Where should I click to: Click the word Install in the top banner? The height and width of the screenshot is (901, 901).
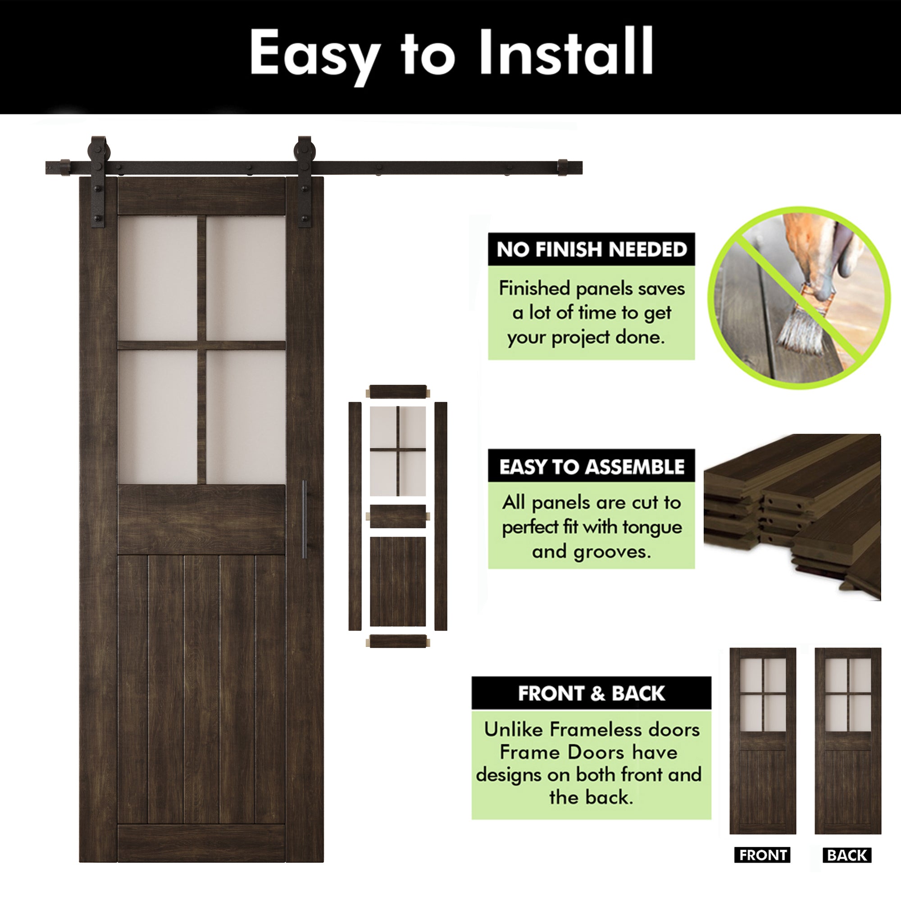(566, 52)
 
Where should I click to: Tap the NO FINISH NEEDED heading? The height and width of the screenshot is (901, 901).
(592, 250)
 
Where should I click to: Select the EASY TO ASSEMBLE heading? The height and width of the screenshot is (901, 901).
(592, 467)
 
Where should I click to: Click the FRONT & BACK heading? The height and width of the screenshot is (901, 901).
(591, 693)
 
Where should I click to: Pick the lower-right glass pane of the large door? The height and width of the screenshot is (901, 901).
(246, 416)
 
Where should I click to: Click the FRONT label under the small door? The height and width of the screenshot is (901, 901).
(763, 855)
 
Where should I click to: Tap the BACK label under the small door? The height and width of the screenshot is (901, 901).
(847, 855)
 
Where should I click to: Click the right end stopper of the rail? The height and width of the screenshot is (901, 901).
(564, 168)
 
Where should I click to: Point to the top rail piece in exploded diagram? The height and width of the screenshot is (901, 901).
(398, 392)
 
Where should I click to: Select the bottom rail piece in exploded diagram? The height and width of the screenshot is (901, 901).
(398, 641)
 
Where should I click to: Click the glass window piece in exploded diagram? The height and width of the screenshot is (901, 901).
(398, 451)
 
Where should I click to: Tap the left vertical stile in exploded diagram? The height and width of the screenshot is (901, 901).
(355, 516)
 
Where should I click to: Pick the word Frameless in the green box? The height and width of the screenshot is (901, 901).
(584, 729)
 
